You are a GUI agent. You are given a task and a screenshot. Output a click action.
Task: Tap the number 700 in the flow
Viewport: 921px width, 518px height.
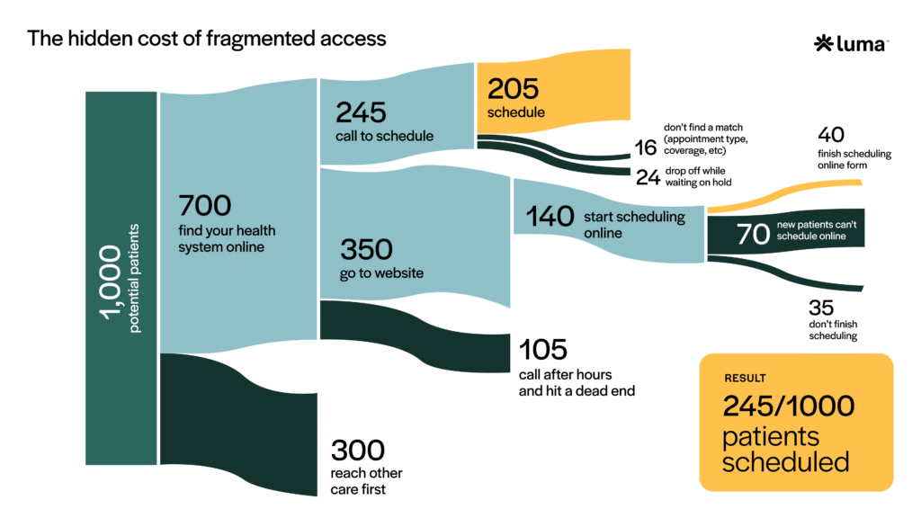(204, 204)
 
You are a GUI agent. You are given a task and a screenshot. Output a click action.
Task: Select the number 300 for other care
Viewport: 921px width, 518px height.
(358, 451)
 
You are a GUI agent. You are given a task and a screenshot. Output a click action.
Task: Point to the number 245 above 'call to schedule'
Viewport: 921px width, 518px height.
(361, 112)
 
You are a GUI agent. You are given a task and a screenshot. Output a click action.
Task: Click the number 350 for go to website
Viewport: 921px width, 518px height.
(365, 249)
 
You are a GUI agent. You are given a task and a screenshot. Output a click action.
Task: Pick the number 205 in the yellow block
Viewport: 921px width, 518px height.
(513, 88)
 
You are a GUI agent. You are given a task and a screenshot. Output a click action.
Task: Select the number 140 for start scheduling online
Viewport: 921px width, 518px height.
(550, 216)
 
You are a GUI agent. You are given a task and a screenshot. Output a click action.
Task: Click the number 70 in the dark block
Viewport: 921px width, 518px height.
(753, 234)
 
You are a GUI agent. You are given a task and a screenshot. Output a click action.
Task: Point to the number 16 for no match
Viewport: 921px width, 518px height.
(646, 147)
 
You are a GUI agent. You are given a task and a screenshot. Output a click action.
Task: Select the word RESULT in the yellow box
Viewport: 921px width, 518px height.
(746, 378)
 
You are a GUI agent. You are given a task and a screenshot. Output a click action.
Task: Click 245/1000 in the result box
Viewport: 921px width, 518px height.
(789, 406)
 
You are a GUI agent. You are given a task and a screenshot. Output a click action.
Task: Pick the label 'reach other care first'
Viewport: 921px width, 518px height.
(367, 481)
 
